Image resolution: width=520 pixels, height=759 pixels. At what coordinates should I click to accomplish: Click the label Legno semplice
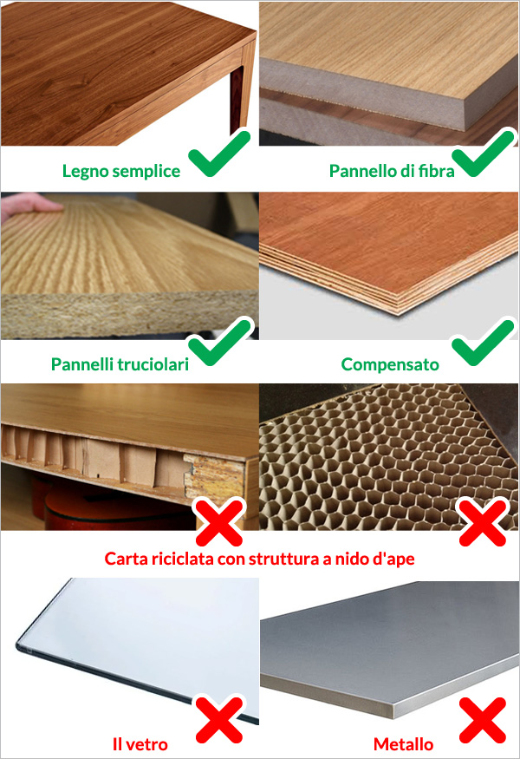coord(121,171)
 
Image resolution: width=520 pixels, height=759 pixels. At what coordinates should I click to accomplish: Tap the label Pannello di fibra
coord(392,171)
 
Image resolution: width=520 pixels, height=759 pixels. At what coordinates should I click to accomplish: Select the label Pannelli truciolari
coord(120,364)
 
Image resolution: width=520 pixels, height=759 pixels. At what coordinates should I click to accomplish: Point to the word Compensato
coord(390,364)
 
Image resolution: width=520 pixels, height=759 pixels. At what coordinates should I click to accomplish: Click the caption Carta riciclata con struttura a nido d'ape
coord(259,559)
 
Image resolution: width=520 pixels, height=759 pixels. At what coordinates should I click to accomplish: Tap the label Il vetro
coord(140,744)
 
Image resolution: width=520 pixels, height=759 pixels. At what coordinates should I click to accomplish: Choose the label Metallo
coord(403,744)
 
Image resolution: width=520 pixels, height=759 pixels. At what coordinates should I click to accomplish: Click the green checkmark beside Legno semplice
coord(219,153)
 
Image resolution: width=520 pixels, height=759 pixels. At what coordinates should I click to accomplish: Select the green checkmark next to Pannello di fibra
coord(482,153)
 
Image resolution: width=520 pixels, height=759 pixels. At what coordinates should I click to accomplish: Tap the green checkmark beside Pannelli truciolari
coord(219,343)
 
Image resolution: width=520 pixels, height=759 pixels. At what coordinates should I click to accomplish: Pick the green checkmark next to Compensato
coord(482,343)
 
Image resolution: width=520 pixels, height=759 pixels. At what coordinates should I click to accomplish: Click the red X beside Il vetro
coord(219,720)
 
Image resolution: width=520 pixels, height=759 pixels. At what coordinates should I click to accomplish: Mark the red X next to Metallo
coord(482,720)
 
